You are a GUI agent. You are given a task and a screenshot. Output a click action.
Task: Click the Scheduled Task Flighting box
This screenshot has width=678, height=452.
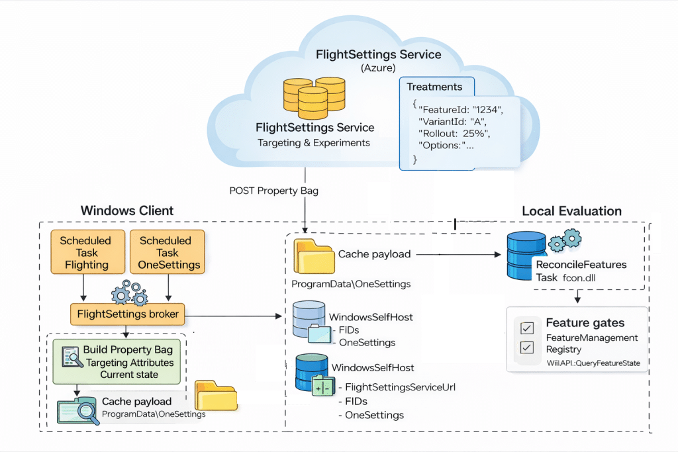point(86,252)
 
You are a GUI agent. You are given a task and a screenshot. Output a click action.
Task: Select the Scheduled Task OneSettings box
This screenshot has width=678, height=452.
point(165,252)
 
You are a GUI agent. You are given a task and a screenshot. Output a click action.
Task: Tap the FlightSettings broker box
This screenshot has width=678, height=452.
point(128,314)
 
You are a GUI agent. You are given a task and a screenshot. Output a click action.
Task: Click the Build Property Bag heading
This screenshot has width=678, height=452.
point(128,349)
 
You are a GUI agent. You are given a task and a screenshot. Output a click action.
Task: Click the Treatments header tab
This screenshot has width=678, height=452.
point(434,87)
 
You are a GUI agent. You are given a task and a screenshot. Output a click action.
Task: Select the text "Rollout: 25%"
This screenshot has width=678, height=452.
point(454,133)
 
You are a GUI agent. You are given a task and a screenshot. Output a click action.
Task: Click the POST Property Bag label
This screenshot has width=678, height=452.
point(273,191)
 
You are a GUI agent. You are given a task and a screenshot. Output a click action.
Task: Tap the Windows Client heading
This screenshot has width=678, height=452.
point(127,211)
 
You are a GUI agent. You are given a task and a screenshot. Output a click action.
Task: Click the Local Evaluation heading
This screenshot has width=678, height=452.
point(571,211)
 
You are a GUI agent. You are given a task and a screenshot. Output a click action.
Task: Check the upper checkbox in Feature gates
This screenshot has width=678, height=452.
point(528,328)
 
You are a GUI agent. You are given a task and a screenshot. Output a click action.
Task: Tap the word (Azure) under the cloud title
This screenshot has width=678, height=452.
point(378,68)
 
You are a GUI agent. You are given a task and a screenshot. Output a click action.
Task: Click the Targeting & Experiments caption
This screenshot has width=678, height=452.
point(314,142)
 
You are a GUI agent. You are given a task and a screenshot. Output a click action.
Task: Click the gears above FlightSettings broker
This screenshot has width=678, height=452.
point(128,291)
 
